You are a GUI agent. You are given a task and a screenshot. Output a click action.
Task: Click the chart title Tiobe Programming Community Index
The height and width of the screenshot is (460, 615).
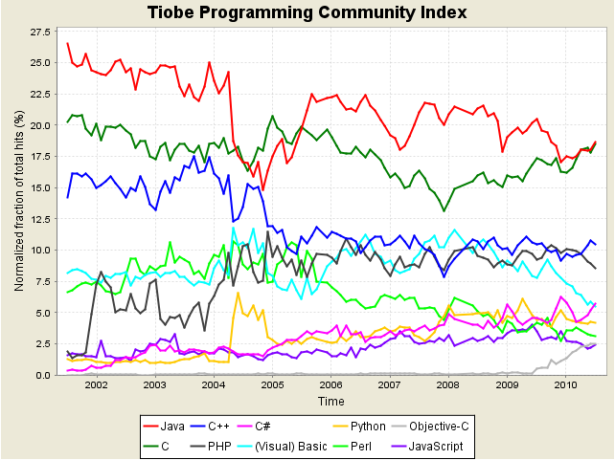(307, 12)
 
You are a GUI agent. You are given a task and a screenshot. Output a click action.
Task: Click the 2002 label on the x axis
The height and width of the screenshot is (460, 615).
(96, 385)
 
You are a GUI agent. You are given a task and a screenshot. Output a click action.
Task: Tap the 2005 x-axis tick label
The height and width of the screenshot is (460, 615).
(272, 385)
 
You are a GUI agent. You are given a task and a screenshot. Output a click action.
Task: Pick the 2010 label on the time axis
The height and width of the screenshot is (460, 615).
(566, 385)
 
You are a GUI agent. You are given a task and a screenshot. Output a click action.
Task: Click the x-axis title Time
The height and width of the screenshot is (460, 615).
(331, 401)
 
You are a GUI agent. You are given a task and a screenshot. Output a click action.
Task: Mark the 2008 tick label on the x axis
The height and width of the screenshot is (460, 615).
(448, 385)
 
